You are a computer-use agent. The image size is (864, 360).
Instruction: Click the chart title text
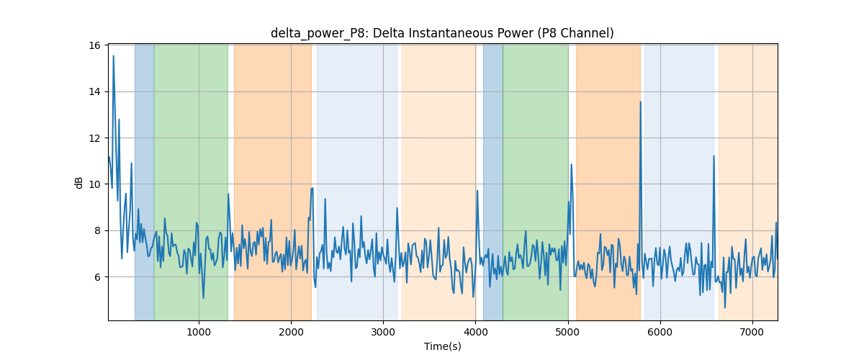[442, 33]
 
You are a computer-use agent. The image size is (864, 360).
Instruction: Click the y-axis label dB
[78, 183]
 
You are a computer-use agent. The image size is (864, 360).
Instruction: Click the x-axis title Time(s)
[442, 346]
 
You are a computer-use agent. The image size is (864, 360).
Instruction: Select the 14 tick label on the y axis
[94, 92]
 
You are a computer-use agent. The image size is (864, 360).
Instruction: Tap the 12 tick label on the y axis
[94, 138]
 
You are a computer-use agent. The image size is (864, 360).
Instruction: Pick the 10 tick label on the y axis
[94, 184]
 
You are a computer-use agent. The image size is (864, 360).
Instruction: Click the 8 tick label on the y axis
[97, 230]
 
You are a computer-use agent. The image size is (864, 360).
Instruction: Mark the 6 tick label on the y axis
[97, 277]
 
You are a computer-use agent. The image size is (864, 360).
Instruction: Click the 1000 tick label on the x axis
[199, 332]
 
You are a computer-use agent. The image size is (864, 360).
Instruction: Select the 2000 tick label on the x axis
[291, 332]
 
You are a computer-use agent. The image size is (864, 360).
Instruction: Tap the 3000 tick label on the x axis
[383, 332]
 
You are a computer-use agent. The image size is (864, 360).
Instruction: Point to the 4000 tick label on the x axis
[476, 332]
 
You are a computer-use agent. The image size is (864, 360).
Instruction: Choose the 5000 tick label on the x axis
[568, 332]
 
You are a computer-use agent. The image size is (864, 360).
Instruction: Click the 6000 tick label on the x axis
[660, 332]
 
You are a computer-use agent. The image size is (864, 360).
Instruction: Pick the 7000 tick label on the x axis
[752, 332]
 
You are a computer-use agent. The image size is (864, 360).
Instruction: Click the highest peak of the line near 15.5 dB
[114, 56]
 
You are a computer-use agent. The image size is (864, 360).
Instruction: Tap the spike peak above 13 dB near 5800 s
[641, 102]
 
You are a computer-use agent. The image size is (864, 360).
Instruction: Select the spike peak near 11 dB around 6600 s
[714, 156]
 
